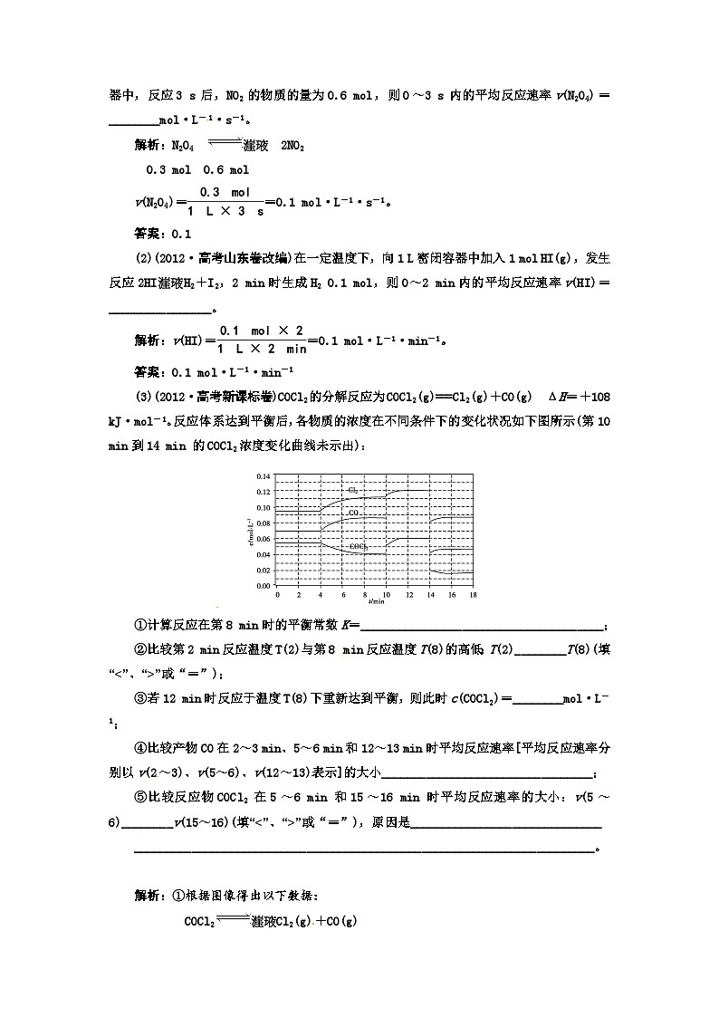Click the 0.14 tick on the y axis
click(x=265, y=476)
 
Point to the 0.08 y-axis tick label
click(x=265, y=523)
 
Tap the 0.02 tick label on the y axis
click(x=265, y=571)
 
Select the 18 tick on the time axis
click(x=472, y=595)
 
